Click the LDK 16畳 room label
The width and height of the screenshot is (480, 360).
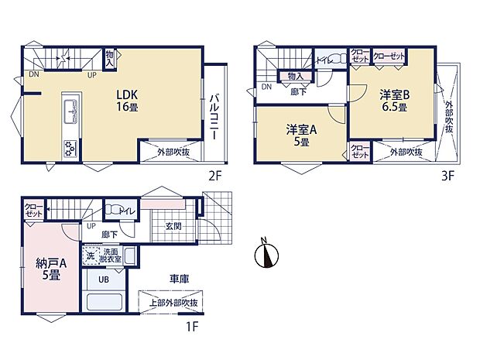pyautogui.click(x=128, y=101)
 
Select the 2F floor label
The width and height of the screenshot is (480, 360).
pyautogui.click(x=214, y=175)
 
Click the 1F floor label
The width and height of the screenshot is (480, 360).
pyautogui.click(x=192, y=326)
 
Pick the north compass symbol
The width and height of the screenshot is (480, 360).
pyautogui.click(x=266, y=253)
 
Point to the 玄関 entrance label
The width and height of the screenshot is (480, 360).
pyautogui.click(x=173, y=226)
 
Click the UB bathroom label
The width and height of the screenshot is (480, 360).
pyautogui.click(x=103, y=281)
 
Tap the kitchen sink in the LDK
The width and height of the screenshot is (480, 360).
pyautogui.click(x=69, y=111)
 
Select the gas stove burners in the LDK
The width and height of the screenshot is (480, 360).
pyautogui.click(x=69, y=146)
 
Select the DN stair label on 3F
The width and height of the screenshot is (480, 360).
pyautogui.click(x=266, y=87)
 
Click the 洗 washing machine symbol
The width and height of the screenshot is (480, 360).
pyautogui.click(x=91, y=252)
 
